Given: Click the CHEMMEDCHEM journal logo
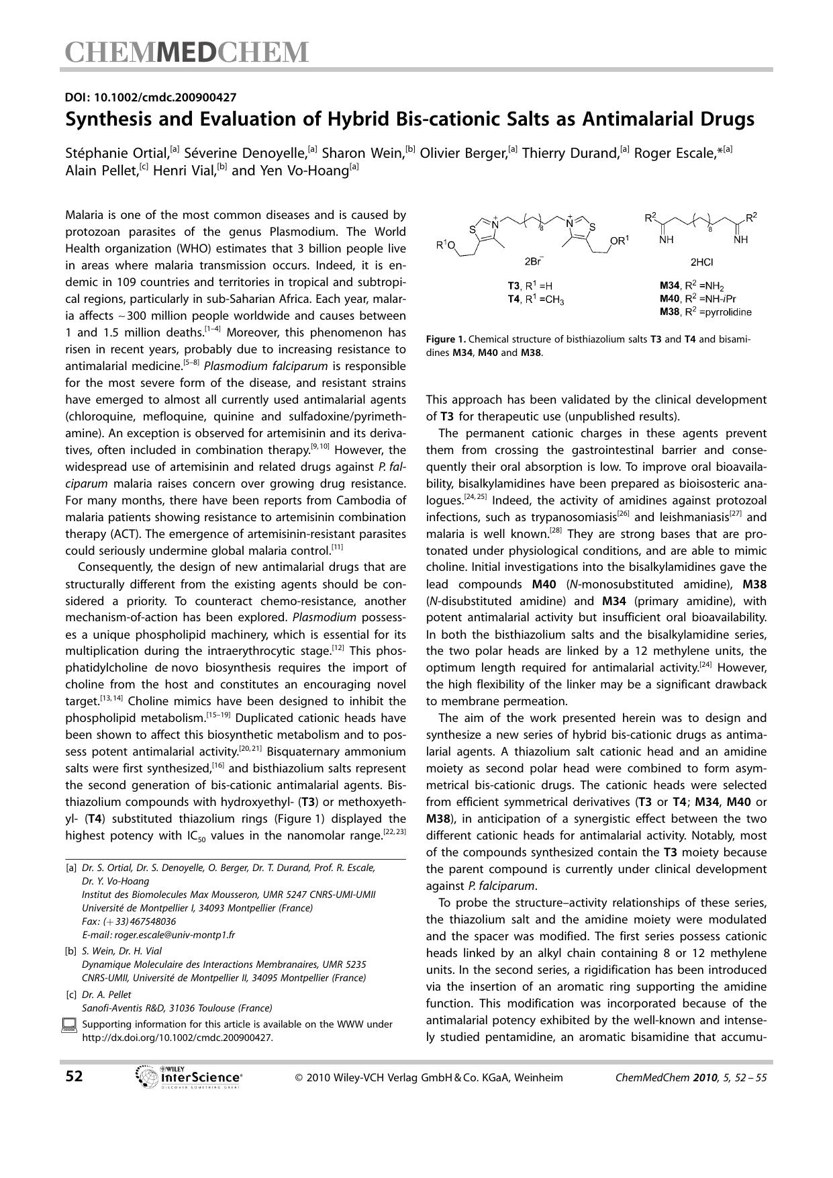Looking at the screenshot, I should pos(187,52).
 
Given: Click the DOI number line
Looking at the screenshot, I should pos(150,97).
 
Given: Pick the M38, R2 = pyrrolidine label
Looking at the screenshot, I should pos(705,312).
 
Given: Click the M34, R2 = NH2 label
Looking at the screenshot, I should pos(691,286).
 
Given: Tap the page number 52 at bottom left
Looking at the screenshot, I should pos(74,1077).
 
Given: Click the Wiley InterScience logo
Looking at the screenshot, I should pos(189,1077).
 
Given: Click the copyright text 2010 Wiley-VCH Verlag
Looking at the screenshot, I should pos(429,1077).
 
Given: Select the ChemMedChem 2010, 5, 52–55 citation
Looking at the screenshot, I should pos(690,1077).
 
